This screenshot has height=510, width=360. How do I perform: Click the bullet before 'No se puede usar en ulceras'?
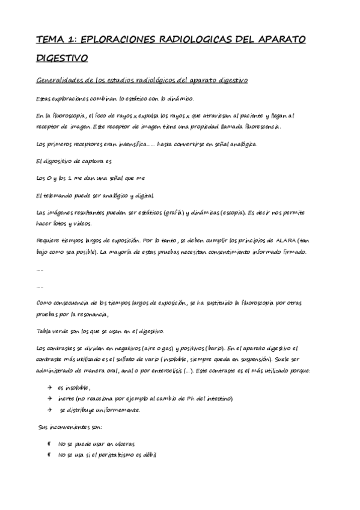tap(49, 444)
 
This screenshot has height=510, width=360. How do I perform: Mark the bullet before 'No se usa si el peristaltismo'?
tap(49, 455)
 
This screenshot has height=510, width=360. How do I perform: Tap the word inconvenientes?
tap(72, 427)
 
